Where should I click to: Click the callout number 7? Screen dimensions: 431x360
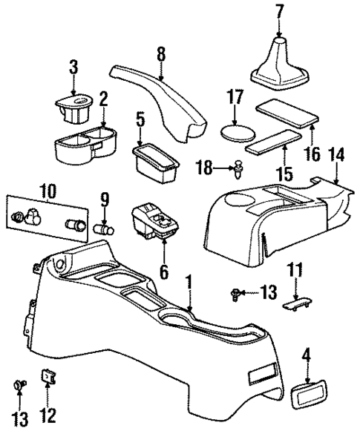(x=279, y=12)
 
